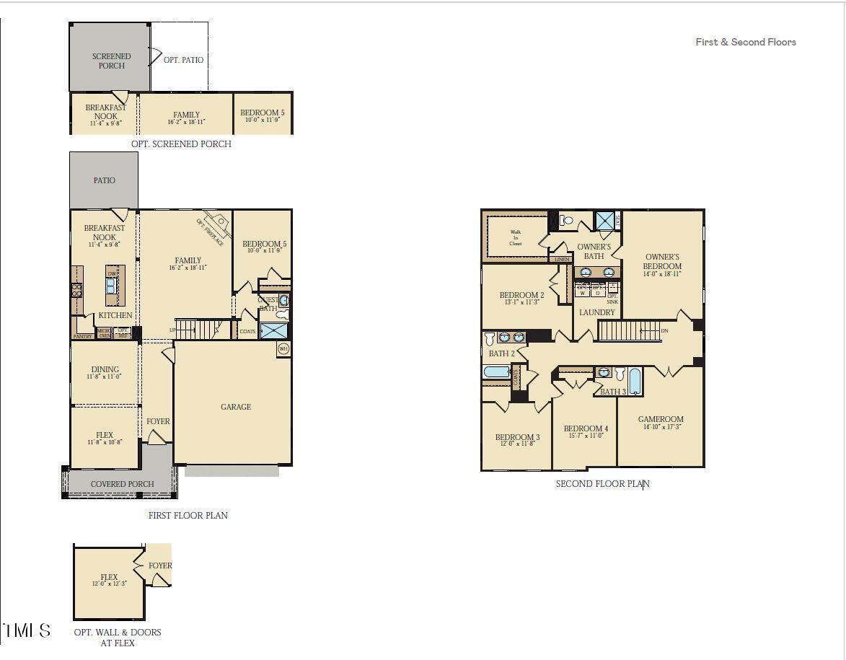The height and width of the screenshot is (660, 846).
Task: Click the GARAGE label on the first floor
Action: coord(236,407)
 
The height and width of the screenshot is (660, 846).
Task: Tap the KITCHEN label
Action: coord(115,315)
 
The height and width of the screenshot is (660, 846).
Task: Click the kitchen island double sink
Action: coord(112,286)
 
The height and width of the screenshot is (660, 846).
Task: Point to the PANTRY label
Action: coord(83,336)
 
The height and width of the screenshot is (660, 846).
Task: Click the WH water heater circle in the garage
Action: coord(283,349)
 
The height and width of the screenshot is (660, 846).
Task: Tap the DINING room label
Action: coord(105,369)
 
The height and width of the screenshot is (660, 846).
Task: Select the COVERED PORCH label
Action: coord(122,484)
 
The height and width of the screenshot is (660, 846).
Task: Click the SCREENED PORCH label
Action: coord(111,61)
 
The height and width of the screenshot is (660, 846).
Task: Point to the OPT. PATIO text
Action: coord(183,60)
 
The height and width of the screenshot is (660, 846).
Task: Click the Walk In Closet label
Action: coord(516,237)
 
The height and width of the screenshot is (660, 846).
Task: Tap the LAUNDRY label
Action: coord(597,312)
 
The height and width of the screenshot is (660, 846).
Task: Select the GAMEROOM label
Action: coord(661,419)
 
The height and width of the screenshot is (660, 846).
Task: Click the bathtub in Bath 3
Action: coord(635,381)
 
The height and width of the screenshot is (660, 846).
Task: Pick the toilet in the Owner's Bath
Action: coord(567,221)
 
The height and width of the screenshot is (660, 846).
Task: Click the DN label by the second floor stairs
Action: coord(664,331)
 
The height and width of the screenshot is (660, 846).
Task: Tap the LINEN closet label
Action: coord(562,259)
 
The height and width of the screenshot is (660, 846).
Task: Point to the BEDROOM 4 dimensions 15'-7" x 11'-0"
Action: coord(586,436)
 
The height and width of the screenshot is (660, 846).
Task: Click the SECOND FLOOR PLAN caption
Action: coord(602,483)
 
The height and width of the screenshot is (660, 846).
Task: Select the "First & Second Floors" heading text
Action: coord(746,42)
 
